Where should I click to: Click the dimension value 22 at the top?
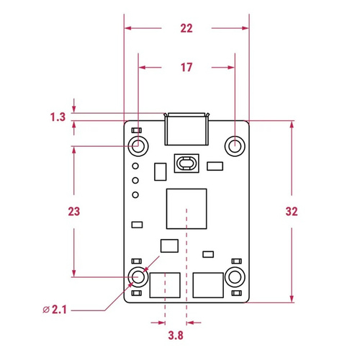coord(186,29)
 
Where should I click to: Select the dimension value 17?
coord(186,68)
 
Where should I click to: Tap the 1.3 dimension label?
coord(58,117)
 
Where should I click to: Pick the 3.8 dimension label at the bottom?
coord(175,336)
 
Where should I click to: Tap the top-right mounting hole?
coord(235,146)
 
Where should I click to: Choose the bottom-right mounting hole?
coord(235,276)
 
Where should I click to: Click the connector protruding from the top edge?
coord(186,130)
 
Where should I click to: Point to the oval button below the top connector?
coord(186,163)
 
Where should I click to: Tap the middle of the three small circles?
coord(135,181)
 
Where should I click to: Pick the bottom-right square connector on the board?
coord(208,286)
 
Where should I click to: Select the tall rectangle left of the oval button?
coord(160,171)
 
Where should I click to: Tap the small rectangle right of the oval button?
coord(215,166)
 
